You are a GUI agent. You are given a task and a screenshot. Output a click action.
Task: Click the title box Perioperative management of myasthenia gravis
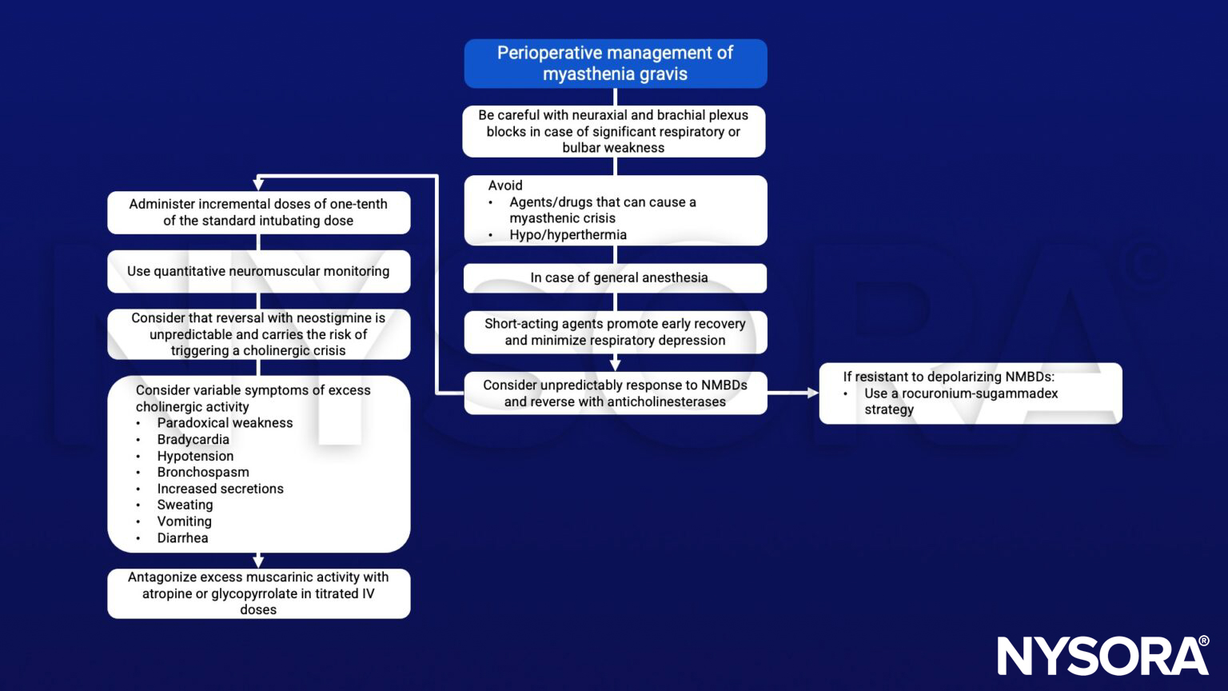tap(615, 63)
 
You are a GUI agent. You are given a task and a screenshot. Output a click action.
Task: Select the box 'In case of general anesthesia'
tap(615, 278)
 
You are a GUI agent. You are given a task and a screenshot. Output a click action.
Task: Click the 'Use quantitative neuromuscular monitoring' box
tap(258, 271)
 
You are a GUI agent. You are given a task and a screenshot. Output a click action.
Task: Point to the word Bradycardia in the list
tap(193, 439)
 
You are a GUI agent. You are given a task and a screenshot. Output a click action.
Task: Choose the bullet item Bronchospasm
tap(203, 472)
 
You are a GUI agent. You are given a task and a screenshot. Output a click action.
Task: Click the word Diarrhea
tap(182, 537)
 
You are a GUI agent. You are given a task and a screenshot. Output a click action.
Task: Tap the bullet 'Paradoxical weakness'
tap(225, 422)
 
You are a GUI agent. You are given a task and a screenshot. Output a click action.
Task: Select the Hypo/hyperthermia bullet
tap(568, 234)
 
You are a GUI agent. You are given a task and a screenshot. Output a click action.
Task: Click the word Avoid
tap(505, 185)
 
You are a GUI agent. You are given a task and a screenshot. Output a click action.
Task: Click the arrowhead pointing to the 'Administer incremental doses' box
tap(258, 183)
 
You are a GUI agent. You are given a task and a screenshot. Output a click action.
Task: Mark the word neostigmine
tap(328, 318)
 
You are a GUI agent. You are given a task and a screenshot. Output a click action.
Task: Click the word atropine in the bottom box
tap(167, 593)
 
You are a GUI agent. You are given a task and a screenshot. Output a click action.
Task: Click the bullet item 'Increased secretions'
tap(220, 489)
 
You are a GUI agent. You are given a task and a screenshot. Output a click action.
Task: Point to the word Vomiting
tap(184, 521)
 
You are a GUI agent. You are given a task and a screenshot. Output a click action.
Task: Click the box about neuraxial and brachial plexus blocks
tap(613, 131)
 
